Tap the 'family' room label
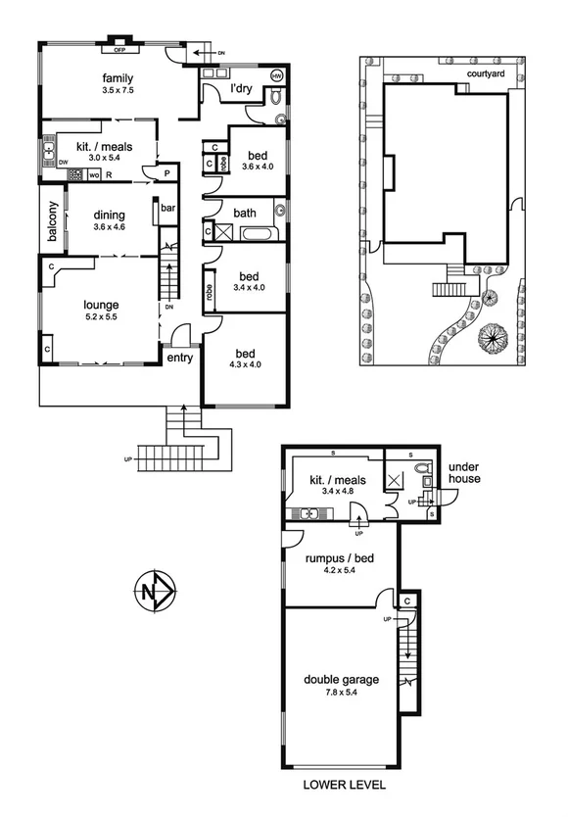pos(118,78)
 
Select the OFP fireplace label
pos(119,50)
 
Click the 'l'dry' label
pos(241,91)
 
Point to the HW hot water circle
pos(276,75)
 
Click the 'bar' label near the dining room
pos(167,209)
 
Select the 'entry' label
pos(179,358)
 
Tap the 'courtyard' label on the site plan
pos(484,72)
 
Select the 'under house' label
pos(465,474)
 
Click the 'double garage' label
pos(341,679)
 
